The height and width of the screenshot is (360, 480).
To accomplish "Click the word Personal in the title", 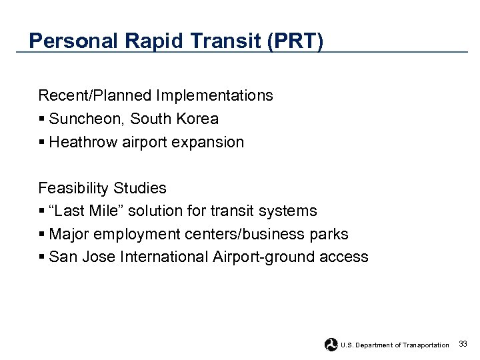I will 74,41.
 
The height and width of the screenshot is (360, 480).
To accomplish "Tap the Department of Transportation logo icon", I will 331,345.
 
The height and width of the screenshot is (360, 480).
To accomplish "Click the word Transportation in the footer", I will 426,345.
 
